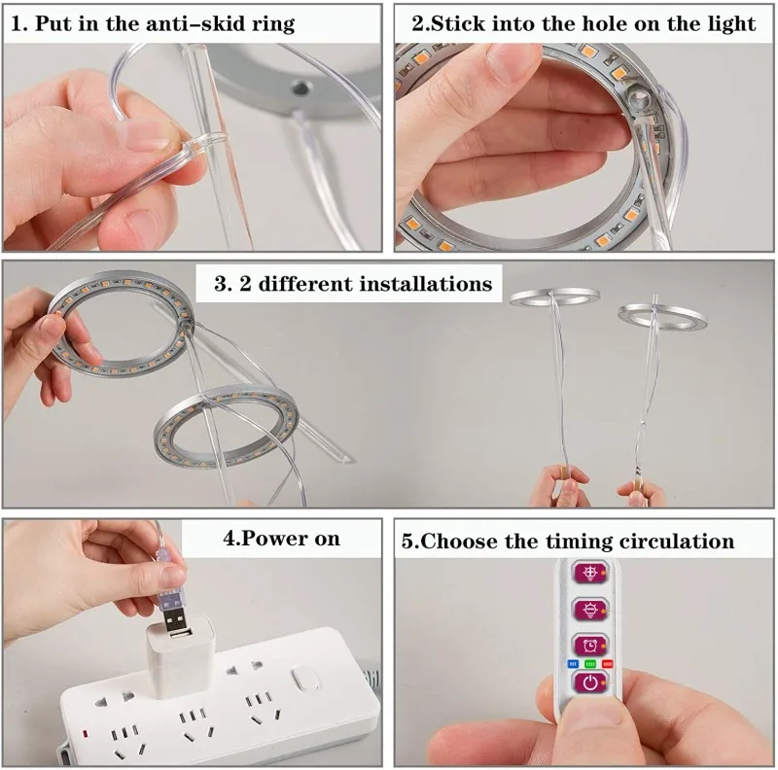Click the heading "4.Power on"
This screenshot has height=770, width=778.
click(281, 539)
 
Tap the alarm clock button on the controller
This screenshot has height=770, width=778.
click(590, 646)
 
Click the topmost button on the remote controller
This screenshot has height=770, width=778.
click(590, 573)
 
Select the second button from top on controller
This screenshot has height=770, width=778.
click(590, 610)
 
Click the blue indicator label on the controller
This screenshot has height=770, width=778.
click(573, 663)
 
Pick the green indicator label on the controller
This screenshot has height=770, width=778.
click(590, 663)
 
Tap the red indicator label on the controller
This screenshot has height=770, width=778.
click(607, 663)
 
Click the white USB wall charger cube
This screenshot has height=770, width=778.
click(179, 655)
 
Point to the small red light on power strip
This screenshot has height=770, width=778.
click(85, 733)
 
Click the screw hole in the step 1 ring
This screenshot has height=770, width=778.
click(299, 88)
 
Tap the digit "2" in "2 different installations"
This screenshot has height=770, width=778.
click(245, 284)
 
